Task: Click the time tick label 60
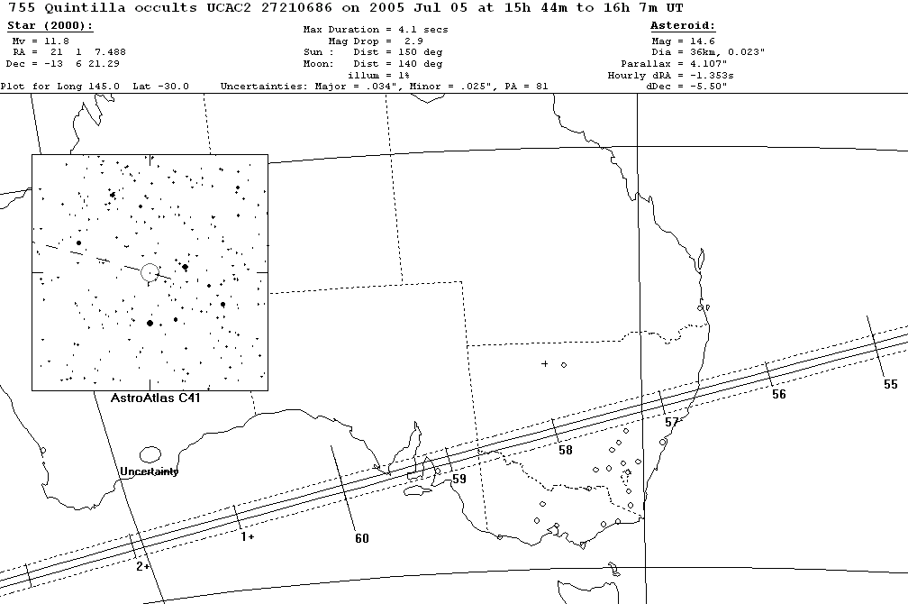[361, 539]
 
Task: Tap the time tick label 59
[459, 480]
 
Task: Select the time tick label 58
[565, 451]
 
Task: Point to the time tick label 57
[671, 422]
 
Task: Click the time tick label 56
[778, 395]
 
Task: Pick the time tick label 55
[890, 384]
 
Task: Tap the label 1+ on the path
[247, 536]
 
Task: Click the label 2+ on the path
[142, 566]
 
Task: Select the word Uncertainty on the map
[150, 471]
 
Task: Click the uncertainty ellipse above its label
[150, 454]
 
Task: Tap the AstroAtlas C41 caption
[149, 397]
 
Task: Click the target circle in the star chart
[150, 271]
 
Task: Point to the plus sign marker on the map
[544, 363]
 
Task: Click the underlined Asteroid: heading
[683, 26]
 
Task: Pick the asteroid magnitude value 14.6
[703, 41]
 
